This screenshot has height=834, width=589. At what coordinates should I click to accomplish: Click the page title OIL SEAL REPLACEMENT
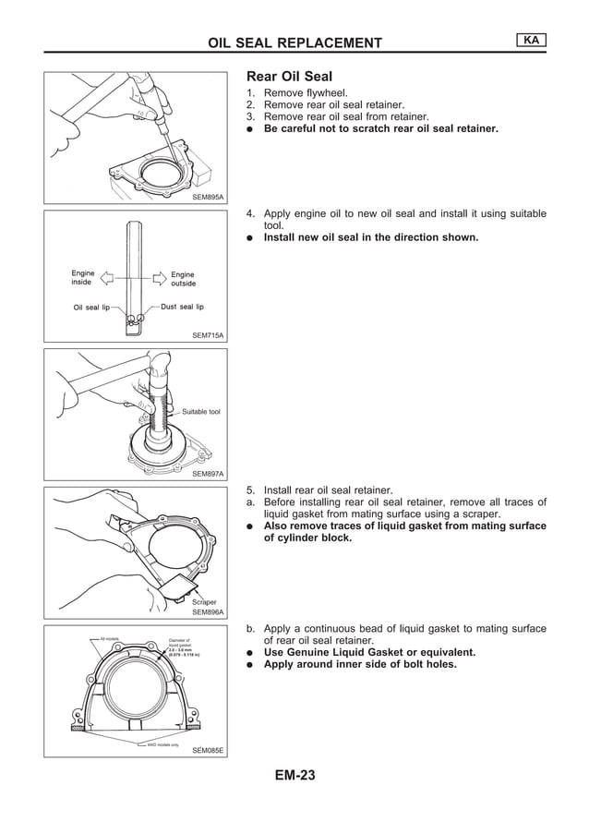click(294, 42)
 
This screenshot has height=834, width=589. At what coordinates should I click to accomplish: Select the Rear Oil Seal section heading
click(289, 77)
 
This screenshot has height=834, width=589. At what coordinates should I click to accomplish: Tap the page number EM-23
click(294, 776)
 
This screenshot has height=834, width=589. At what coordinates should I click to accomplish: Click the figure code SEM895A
click(208, 198)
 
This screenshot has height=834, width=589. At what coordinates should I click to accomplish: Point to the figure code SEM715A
click(208, 336)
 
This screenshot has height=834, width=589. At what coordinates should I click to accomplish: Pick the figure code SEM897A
click(208, 474)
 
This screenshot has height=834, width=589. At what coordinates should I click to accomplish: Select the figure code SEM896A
click(208, 611)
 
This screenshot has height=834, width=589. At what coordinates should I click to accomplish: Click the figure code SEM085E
click(208, 750)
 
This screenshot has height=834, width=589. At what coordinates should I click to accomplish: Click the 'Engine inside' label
click(83, 278)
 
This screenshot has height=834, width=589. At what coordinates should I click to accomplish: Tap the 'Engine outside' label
click(183, 279)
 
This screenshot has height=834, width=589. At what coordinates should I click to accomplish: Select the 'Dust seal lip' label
click(182, 307)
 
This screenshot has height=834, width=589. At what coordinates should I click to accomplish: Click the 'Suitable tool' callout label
click(200, 412)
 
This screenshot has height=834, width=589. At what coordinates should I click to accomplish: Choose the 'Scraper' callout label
click(204, 601)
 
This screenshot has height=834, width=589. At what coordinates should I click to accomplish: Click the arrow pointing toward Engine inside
click(106, 275)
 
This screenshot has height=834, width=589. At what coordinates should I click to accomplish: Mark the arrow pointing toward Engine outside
click(157, 275)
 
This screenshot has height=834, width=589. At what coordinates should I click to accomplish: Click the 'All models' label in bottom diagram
click(109, 637)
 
